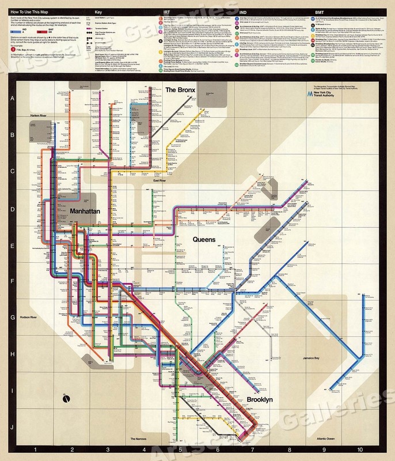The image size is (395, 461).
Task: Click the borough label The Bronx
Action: [181, 90]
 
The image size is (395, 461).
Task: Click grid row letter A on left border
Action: [13, 99]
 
